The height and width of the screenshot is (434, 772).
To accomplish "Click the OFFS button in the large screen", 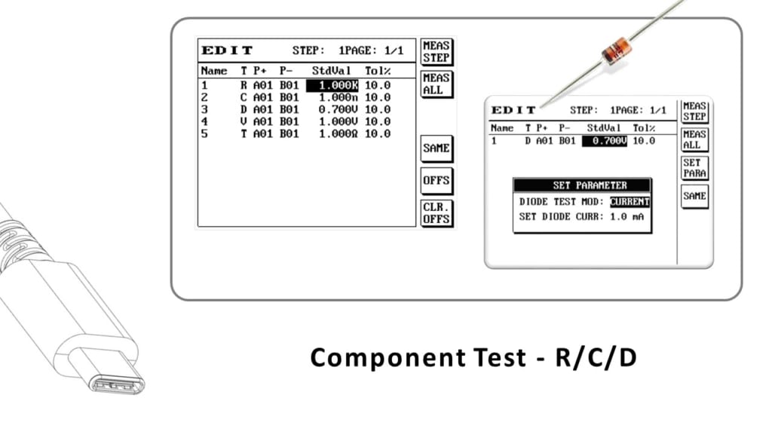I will click(436, 181).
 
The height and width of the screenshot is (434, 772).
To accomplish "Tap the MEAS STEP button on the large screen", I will click(436, 51).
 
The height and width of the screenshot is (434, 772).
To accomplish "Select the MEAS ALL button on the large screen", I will click(436, 84).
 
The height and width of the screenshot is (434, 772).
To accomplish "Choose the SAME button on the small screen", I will click(694, 196).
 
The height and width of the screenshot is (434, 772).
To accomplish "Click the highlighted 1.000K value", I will click(332, 85).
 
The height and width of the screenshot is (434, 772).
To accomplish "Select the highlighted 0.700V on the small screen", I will click(605, 141).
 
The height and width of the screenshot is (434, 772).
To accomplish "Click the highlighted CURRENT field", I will click(630, 202).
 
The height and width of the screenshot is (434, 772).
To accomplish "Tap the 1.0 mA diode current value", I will click(630, 217).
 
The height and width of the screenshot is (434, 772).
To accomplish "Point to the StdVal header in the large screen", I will click(332, 71).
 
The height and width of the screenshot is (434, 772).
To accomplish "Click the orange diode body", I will click(617, 50).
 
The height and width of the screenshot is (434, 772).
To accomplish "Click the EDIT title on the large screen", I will click(227, 50).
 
